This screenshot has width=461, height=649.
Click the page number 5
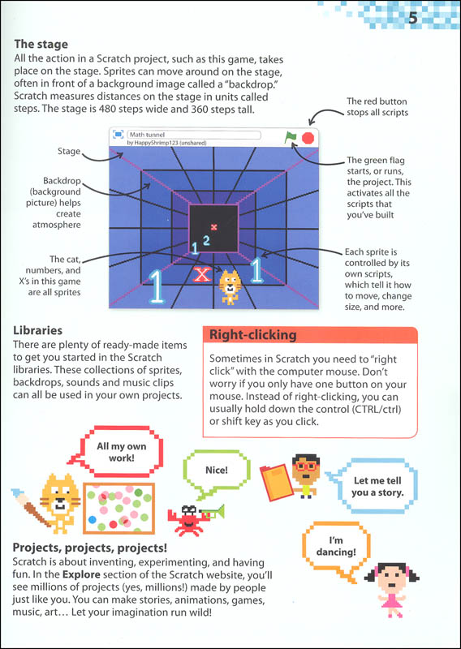(412, 19)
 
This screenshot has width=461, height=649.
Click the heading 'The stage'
(41, 44)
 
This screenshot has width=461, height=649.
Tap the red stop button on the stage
(308, 138)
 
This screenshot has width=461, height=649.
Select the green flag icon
(291, 137)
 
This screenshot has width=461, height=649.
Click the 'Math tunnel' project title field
(194, 135)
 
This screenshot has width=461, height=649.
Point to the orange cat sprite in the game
(230, 287)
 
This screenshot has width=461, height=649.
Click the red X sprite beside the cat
(202, 274)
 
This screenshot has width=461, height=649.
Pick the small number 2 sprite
(206, 240)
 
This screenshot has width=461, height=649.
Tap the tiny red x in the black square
(213, 227)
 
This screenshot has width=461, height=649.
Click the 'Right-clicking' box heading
(252, 334)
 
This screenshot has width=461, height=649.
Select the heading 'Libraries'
(37, 330)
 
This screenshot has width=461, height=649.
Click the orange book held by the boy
(276, 479)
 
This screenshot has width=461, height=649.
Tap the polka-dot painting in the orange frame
(118, 508)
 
